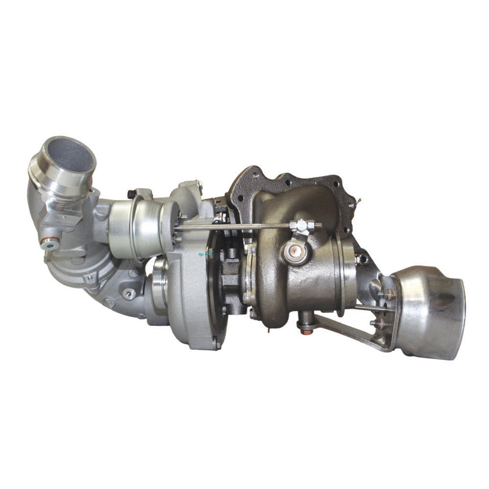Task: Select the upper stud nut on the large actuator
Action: tap(386, 295)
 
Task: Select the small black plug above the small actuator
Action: tap(131, 195)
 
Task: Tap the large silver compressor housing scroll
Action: tap(189, 293)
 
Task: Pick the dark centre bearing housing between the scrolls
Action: tap(232, 275)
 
